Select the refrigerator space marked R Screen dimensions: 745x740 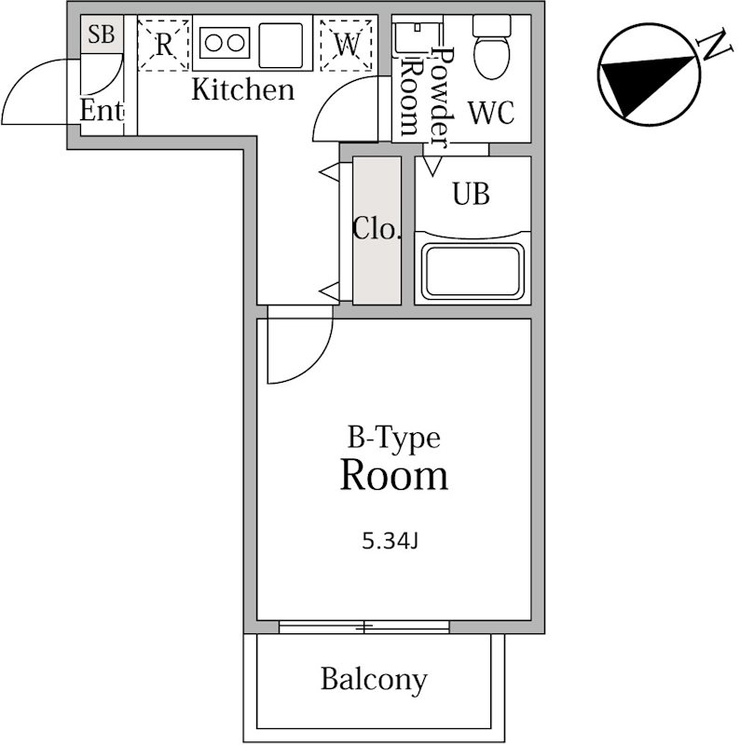163,43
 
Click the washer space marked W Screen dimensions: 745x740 347,43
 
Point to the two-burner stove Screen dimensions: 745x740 224,43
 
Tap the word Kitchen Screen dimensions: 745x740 242,90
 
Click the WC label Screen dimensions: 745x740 490,114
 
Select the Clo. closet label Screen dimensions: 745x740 377,229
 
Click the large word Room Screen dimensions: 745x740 393,476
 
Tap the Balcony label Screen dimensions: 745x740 374,679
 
